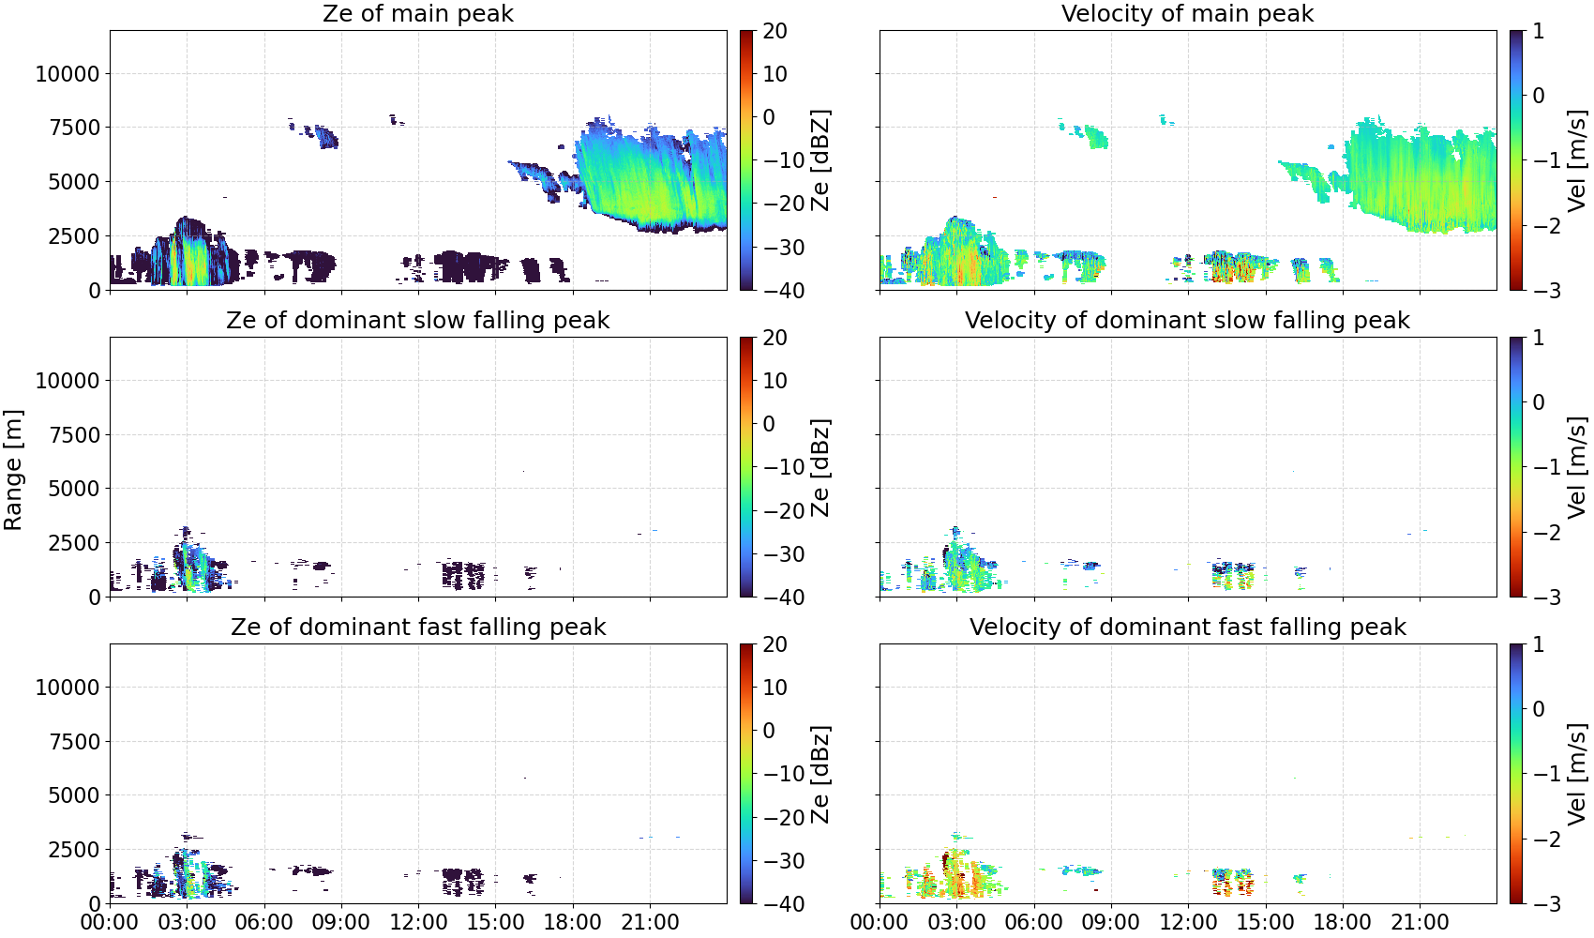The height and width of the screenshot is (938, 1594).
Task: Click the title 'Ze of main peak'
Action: point(417,13)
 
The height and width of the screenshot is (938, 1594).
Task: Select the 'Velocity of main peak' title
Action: point(1188,13)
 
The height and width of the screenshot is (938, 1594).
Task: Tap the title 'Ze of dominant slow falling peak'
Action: point(417,320)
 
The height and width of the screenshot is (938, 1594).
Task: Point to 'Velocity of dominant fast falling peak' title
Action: point(1188,627)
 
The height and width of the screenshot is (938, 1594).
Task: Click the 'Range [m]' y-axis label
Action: point(13,470)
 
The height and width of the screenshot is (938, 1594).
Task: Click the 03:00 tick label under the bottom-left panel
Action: point(188,922)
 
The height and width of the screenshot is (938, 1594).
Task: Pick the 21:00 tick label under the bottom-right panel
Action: point(1420,922)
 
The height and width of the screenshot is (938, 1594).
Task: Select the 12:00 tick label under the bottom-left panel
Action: point(418,922)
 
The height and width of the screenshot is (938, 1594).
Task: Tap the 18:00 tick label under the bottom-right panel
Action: point(1343,922)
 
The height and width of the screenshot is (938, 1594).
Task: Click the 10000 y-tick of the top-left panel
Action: point(68,73)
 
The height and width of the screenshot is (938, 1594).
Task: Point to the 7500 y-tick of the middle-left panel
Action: point(74,435)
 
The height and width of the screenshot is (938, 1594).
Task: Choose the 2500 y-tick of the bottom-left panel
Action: point(74,850)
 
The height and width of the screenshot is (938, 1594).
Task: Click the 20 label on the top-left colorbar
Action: point(775,31)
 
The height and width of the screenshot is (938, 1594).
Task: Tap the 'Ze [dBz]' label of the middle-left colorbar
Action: point(820,467)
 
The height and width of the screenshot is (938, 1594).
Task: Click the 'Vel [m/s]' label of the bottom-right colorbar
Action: point(1578,774)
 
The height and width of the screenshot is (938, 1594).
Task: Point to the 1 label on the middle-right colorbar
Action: point(1538,338)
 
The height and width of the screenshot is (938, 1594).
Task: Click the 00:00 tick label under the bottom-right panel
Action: point(880,922)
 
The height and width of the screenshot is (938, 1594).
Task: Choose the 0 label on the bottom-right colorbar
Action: point(1539,709)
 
